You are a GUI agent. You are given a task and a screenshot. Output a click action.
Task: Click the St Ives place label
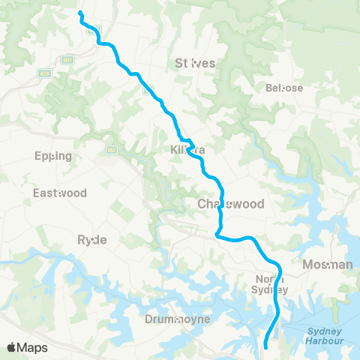(x=195, y=63)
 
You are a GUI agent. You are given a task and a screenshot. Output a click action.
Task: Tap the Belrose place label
(x=284, y=88)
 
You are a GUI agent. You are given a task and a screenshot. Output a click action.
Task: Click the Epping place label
(x=53, y=156)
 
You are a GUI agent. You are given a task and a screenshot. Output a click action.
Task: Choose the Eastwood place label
(x=59, y=193)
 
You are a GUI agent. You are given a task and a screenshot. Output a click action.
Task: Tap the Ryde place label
(x=92, y=239)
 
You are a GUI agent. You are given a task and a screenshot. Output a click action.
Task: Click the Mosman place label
(x=327, y=265)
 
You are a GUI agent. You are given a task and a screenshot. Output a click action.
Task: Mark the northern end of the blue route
(x=79, y=13)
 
